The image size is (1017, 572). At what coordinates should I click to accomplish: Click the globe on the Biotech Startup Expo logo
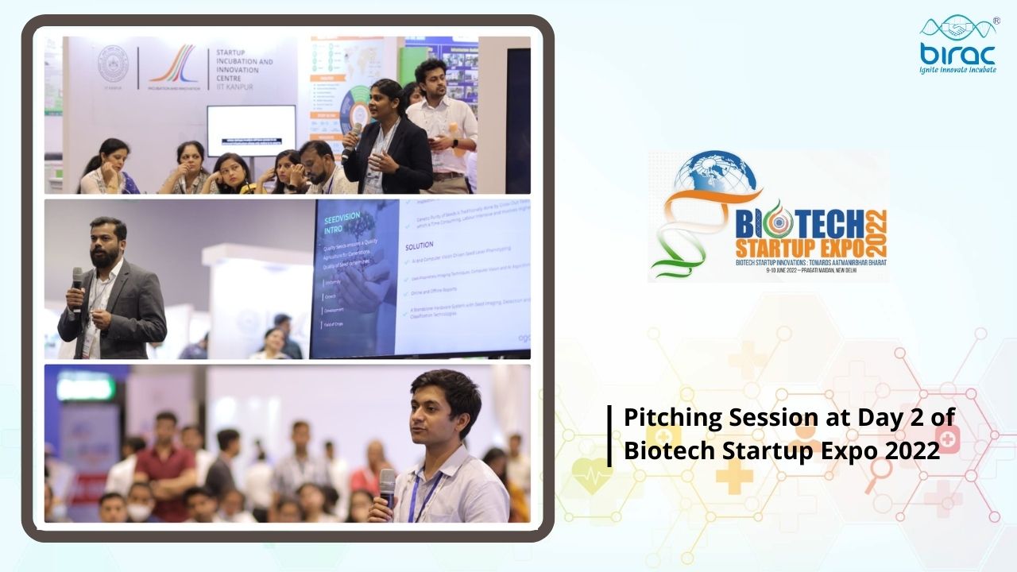(x=719, y=179)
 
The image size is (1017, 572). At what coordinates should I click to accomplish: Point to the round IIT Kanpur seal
(x=113, y=64)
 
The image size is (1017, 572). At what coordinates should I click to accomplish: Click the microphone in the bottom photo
(x=387, y=484)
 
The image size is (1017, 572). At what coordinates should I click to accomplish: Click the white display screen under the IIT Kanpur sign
(x=250, y=130)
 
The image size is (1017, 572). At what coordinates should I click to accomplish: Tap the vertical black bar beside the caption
(x=610, y=435)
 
